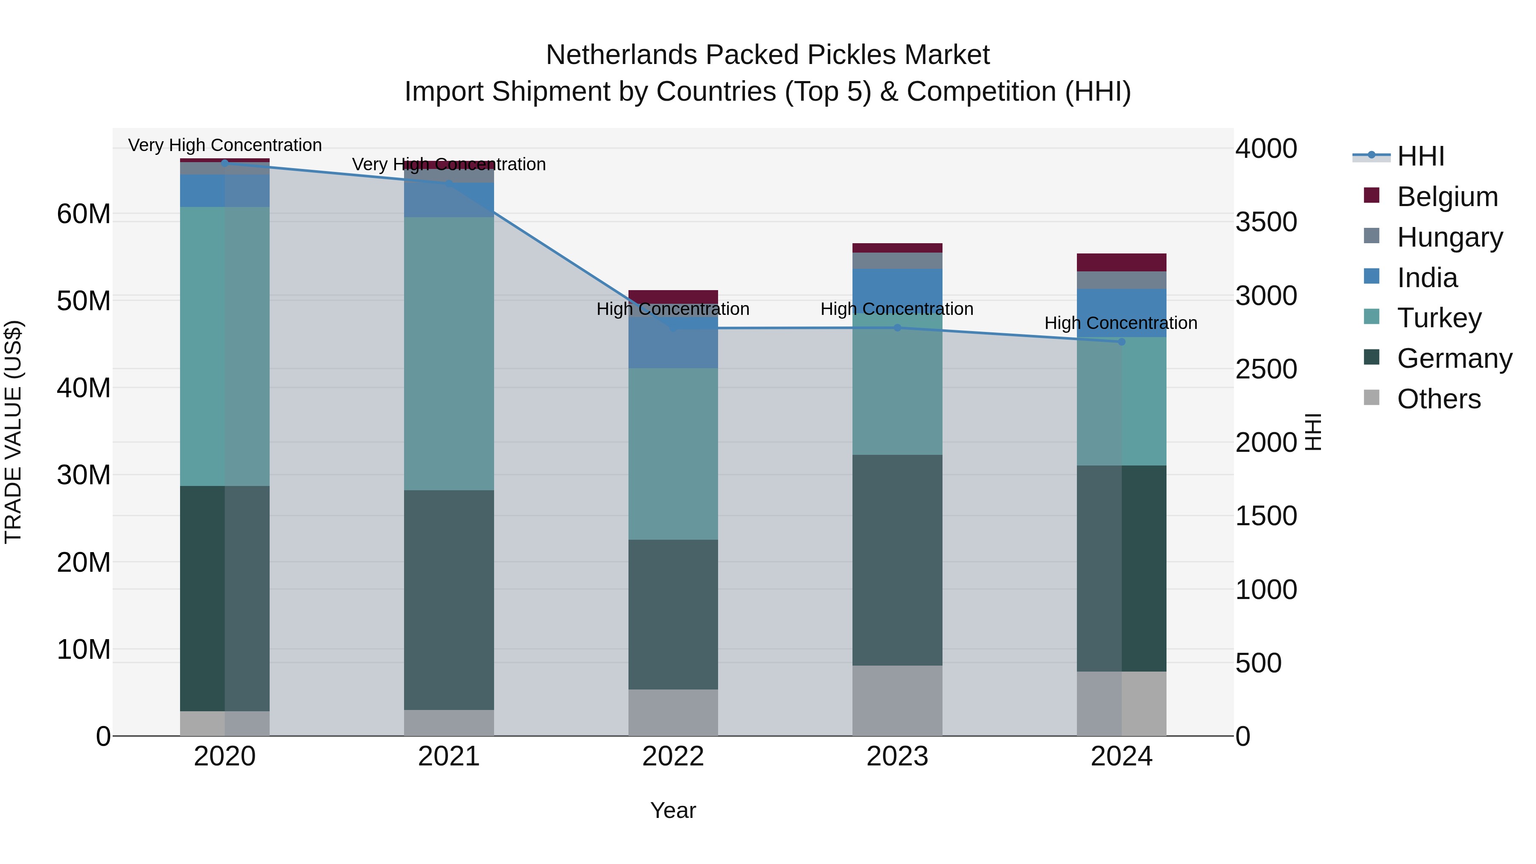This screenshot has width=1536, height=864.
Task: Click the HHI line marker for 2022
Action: point(673,328)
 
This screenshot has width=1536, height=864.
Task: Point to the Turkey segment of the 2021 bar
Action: point(448,354)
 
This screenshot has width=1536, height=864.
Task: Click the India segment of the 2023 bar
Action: point(897,286)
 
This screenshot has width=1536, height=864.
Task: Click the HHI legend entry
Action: point(1420,156)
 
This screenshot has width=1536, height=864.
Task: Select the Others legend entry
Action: point(1438,399)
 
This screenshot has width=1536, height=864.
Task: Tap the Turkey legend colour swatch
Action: point(1371,317)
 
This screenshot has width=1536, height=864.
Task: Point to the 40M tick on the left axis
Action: point(84,387)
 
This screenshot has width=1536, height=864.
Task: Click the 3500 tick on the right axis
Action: point(1266,222)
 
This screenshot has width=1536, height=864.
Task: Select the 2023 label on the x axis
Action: point(897,756)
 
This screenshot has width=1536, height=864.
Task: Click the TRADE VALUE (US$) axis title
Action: point(13,432)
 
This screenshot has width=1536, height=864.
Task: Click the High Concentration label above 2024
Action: point(1120,323)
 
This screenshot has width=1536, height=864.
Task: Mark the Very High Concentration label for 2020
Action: point(225,145)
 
